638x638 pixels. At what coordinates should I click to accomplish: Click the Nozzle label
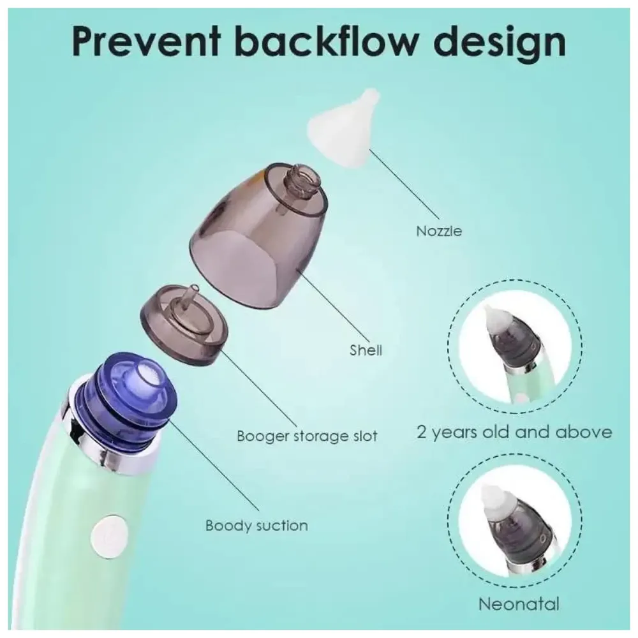click(438, 231)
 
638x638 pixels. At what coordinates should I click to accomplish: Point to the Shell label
click(366, 350)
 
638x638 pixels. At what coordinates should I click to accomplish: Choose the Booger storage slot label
click(307, 437)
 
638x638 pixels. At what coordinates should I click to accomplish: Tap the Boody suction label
click(256, 526)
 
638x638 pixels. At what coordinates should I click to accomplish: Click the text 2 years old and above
click(514, 432)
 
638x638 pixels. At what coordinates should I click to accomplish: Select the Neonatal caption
click(519, 604)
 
